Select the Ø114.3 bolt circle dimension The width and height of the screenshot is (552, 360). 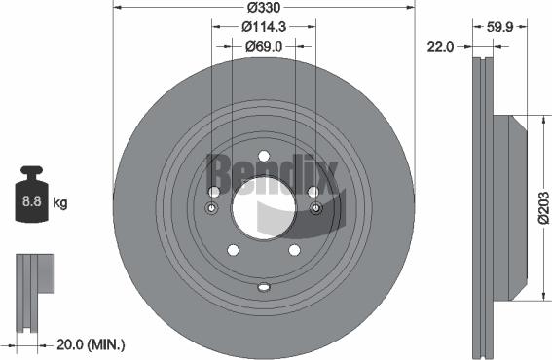click(263, 27)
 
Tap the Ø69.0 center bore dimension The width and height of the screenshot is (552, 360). click(263, 46)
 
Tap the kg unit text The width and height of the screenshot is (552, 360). click(60, 203)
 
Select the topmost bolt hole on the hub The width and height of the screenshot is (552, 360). click(263, 156)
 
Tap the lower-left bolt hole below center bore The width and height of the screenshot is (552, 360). click(234, 250)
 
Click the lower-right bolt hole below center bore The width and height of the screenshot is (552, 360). click(293, 250)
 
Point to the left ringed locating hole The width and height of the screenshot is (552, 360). click(213, 208)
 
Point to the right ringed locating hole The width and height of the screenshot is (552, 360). click(313, 208)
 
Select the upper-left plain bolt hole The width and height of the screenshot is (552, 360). click(215, 192)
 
